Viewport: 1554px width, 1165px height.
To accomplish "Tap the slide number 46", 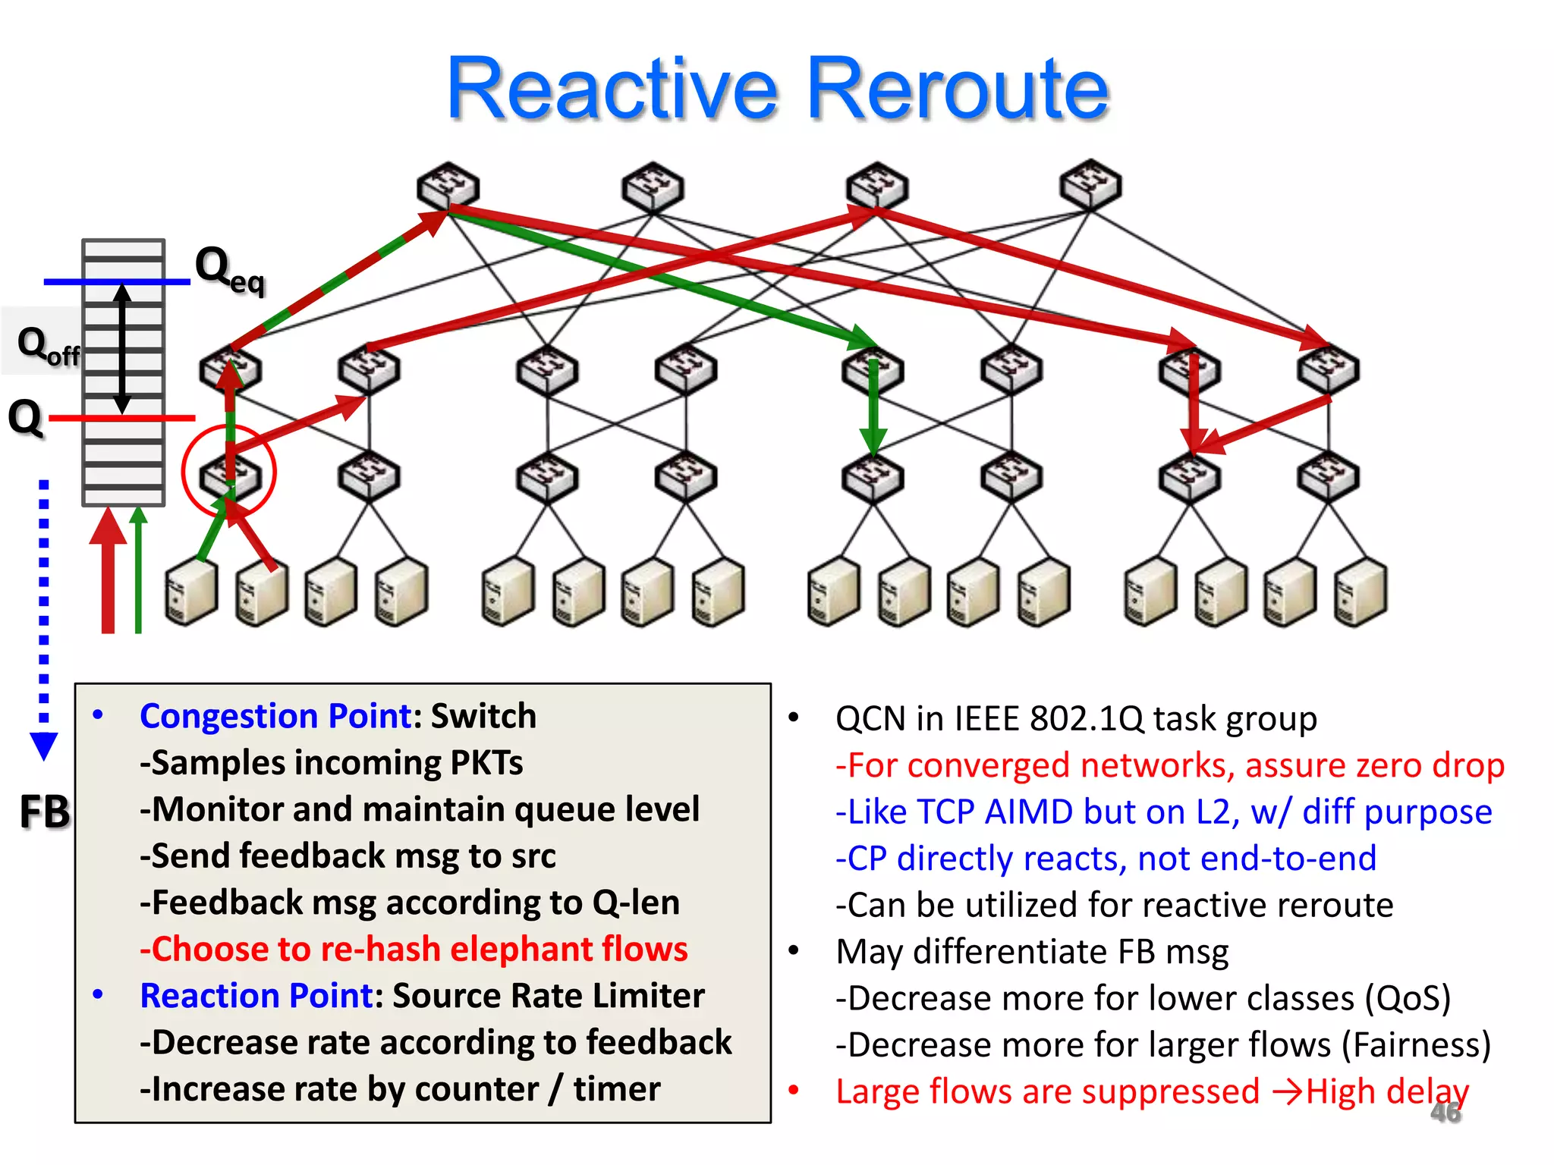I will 1445,1113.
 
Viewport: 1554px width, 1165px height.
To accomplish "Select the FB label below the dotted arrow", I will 44,812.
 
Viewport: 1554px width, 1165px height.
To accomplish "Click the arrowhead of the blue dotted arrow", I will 44,746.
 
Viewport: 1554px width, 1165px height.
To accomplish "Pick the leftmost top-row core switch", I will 448,186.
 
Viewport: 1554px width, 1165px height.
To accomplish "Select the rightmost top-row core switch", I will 1090,184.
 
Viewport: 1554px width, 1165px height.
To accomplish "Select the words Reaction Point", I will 256,996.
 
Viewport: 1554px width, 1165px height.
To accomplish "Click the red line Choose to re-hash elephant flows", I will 414,950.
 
